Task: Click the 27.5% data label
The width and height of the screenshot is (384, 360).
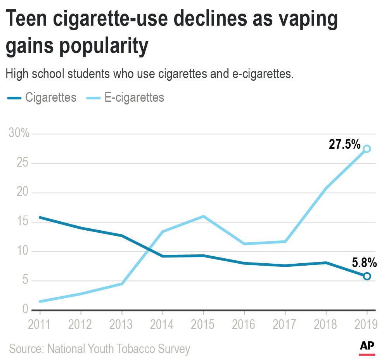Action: coord(344,144)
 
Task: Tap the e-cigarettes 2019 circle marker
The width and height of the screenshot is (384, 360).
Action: coord(367,149)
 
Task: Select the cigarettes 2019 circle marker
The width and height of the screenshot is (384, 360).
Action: coord(367,276)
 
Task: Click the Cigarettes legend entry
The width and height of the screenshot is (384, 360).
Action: coord(42,97)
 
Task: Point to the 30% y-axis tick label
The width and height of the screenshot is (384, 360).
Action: coord(19,134)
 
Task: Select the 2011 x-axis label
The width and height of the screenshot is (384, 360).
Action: coord(40,324)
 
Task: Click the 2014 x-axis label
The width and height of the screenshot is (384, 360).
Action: coord(163,324)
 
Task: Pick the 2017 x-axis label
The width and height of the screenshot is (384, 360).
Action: coord(285,324)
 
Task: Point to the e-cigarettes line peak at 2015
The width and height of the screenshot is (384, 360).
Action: coord(203,216)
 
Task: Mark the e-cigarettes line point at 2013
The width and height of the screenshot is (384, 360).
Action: coord(122,284)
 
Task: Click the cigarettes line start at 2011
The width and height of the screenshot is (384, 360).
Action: coord(40,217)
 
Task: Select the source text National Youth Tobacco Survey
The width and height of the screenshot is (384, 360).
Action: coord(119,348)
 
